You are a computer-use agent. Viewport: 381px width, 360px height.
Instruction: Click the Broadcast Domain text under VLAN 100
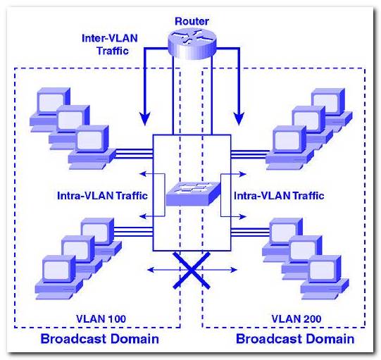[99, 339]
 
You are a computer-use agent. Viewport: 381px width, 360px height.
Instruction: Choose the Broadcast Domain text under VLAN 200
[295, 339]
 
